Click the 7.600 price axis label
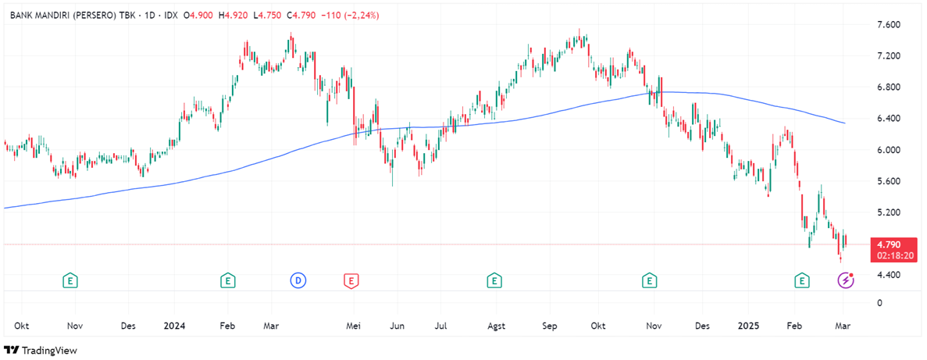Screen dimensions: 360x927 888,26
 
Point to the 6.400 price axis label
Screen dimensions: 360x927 888,119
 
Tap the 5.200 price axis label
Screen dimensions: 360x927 888,212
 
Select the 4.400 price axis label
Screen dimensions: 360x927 888,275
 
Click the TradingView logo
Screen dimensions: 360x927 42,351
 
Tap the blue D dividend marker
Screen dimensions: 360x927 298,279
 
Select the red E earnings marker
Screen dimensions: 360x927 351,279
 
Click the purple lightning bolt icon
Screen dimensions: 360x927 846,279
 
